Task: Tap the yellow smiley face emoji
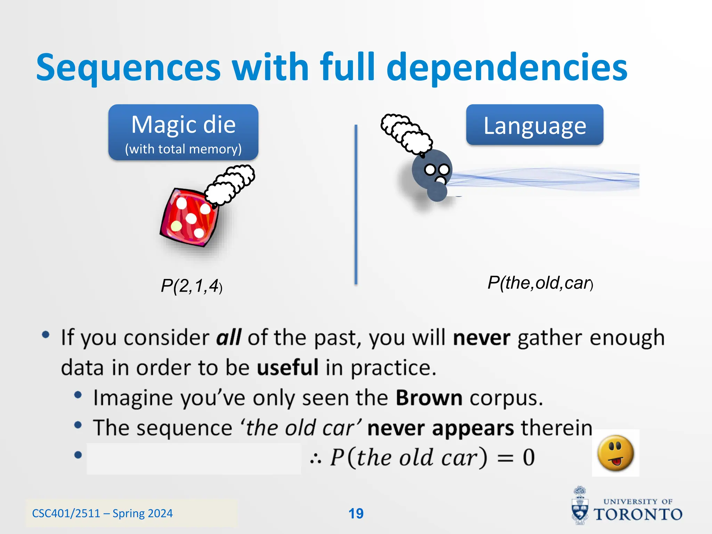(615, 453)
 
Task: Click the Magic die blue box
(183, 132)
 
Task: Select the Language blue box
(534, 125)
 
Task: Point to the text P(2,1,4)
(191, 286)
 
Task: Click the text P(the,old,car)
(540, 283)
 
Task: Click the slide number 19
(356, 513)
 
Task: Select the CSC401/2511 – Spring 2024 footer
(102, 513)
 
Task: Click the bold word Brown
(429, 398)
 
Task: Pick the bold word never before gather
(482, 338)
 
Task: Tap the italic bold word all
(228, 338)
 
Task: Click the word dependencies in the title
(507, 68)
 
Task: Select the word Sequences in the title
(129, 68)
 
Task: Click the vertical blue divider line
(356, 205)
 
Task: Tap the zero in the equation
(528, 458)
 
